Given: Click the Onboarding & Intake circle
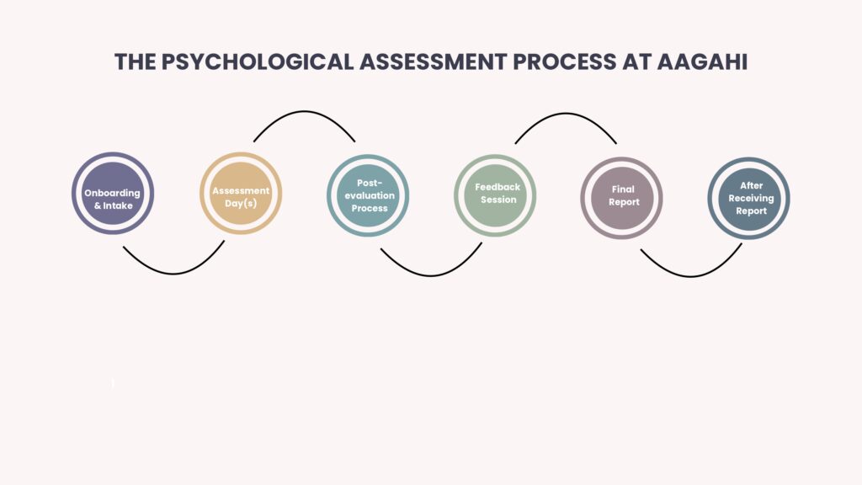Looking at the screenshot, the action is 113,193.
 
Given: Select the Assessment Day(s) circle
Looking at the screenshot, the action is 241,193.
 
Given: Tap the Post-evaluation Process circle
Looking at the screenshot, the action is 368,195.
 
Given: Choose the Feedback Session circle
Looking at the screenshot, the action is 495,195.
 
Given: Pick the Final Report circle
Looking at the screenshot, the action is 622,198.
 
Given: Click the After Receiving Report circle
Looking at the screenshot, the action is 748,198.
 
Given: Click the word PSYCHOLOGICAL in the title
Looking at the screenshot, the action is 258,61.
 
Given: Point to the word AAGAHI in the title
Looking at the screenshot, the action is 702,61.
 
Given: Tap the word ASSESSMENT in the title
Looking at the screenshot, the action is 434,61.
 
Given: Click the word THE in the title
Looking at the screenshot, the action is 136,61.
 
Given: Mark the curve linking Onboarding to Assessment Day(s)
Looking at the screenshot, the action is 173,274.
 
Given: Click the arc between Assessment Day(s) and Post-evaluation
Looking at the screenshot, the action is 304,112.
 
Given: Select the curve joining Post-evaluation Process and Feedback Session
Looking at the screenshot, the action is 432,275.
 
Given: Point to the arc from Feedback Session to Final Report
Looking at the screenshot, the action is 566,114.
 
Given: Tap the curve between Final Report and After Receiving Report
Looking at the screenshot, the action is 691,276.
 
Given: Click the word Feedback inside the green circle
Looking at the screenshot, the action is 498,187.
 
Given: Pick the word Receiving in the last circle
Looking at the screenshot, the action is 751,199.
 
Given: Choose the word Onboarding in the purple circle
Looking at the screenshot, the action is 112,193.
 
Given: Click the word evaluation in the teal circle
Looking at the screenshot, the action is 370,195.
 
